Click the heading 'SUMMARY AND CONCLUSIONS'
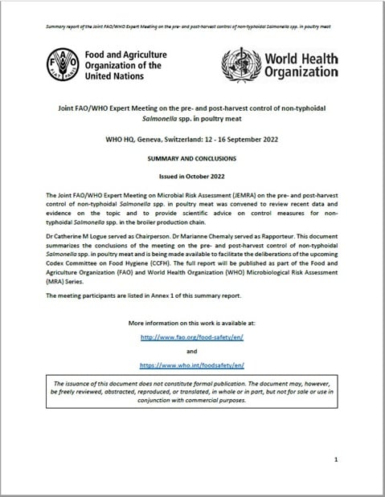[x=192, y=160]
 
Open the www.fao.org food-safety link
[x=192, y=338]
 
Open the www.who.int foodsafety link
[x=192, y=365]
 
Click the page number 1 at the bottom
[x=335, y=459]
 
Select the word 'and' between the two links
[x=192, y=351]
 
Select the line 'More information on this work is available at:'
[x=192, y=322]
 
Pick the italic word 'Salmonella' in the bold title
[x=153, y=118]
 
